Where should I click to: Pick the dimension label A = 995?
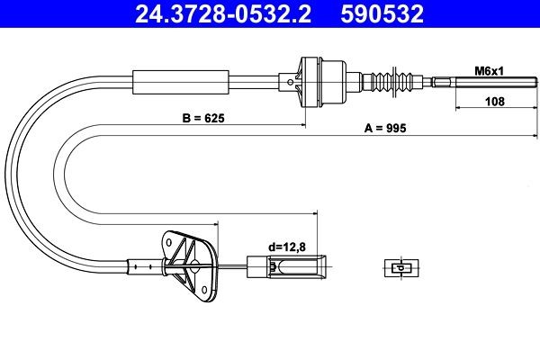point(386,129)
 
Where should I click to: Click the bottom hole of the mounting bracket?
point(208,290)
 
